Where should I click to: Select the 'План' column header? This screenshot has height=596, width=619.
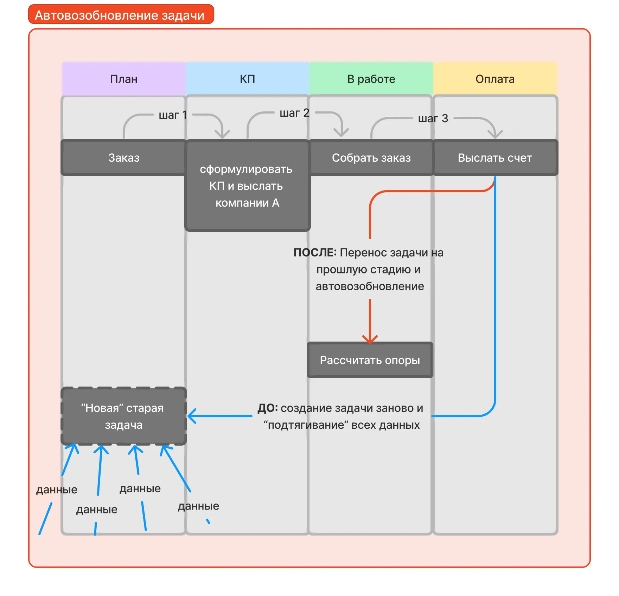click(123, 79)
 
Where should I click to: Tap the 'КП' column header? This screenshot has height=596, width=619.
click(247, 79)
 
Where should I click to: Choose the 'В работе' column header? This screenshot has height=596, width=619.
click(371, 79)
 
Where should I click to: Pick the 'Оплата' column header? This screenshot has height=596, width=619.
click(495, 79)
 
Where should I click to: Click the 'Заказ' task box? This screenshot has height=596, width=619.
click(123, 158)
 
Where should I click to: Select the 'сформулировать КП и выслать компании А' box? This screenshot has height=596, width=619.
click(247, 186)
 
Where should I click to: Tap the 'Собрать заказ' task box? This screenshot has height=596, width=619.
click(371, 158)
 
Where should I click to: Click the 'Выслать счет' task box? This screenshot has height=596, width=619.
click(495, 158)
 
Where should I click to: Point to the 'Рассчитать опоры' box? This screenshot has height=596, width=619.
click(370, 360)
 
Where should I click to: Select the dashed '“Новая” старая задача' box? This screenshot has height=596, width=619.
click(123, 416)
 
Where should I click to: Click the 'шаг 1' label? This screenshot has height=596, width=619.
click(173, 115)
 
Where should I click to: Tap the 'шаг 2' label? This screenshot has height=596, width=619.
click(294, 113)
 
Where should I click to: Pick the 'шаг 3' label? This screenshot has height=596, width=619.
click(433, 118)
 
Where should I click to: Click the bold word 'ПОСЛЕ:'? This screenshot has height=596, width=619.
click(315, 253)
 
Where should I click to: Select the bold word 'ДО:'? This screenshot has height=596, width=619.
click(268, 408)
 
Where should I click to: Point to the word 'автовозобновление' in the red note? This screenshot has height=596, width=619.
click(370, 286)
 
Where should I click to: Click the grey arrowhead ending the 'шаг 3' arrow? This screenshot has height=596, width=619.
click(495, 135)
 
